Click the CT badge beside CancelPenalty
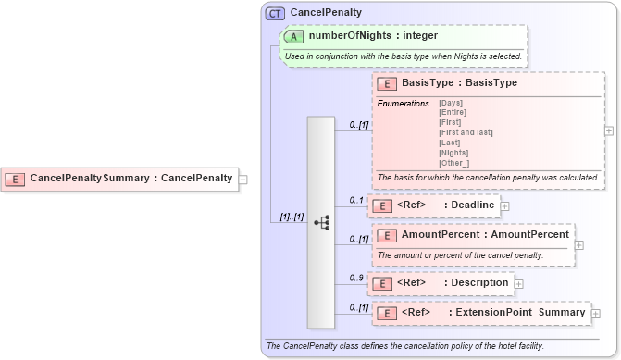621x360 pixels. click(275, 13)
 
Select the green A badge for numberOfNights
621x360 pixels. click(293, 36)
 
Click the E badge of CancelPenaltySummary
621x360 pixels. click(17, 178)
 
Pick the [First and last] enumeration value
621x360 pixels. click(466, 132)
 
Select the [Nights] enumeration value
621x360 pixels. click(453, 153)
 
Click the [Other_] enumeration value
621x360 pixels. click(453, 163)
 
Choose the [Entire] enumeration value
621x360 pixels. click(453, 112)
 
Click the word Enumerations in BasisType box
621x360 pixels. click(403, 103)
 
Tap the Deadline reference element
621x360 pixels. click(473, 205)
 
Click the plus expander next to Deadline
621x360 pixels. click(504, 205)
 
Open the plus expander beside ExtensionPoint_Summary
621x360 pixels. click(595, 314)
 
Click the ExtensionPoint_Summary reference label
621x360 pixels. click(517, 313)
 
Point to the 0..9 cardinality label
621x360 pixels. click(355, 277)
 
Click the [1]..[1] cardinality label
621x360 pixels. click(292, 217)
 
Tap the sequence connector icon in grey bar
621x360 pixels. click(321, 222)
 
